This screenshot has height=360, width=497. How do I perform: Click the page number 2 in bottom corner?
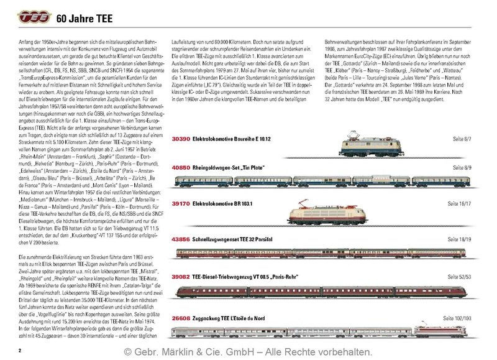click(21, 351)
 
